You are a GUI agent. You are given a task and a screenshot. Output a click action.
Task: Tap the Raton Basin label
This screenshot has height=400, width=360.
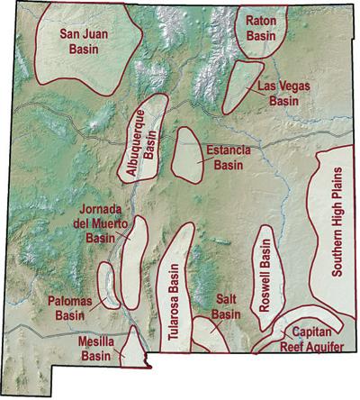(260, 27)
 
